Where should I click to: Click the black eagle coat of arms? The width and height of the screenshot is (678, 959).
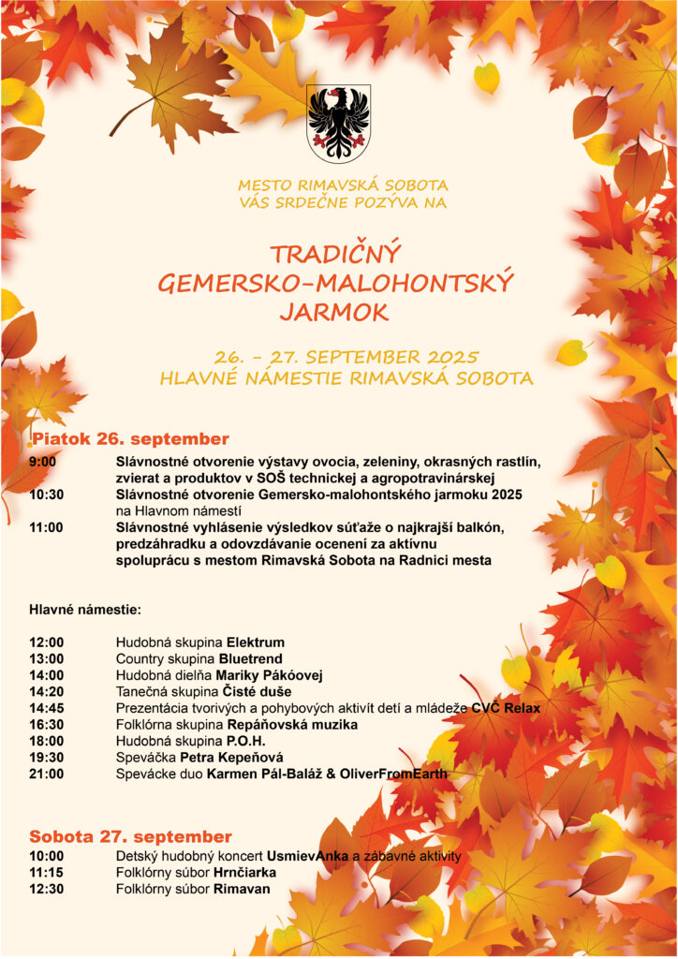click(338, 123)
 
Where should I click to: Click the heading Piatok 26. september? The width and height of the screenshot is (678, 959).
click(131, 439)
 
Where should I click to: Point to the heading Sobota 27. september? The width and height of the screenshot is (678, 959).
click(130, 836)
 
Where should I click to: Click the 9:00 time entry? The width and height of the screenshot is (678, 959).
click(43, 462)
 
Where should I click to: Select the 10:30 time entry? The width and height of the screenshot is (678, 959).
click(47, 494)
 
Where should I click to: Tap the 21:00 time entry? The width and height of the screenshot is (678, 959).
click(47, 775)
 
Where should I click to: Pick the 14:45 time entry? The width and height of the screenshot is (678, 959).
click(47, 708)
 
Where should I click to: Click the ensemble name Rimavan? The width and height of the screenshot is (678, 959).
click(242, 889)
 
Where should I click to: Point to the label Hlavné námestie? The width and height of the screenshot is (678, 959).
click(85, 610)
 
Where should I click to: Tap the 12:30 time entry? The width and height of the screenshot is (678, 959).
click(47, 889)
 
